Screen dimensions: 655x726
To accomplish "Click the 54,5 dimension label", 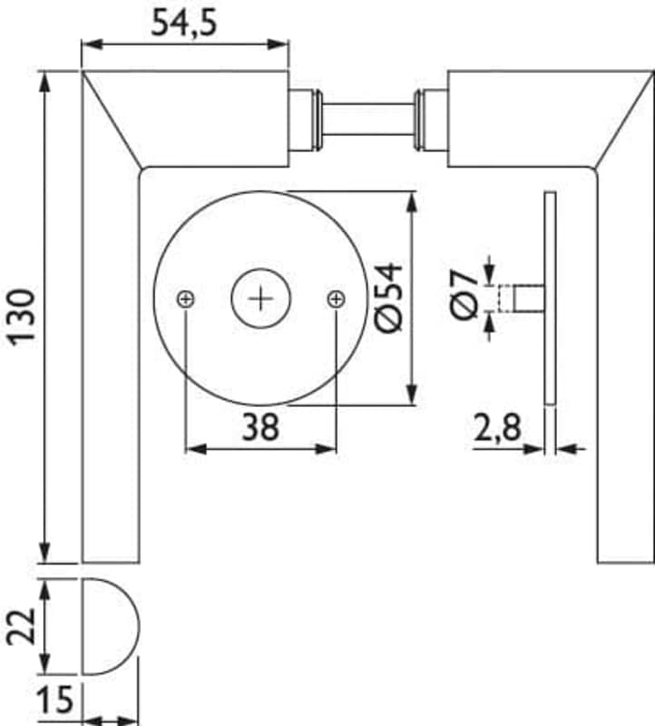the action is (x=184, y=24).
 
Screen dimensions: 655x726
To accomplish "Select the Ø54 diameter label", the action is (x=388, y=298).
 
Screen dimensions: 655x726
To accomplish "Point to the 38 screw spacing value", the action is (x=260, y=427).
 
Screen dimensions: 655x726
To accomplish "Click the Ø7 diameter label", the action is (x=464, y=296).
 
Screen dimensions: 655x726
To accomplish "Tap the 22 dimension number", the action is (x=22, y=626).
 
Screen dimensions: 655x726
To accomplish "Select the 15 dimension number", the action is (x=55, y=699).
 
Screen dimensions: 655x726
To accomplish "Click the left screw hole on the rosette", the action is (x=186, y=299).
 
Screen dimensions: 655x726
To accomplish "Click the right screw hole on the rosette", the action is (x=336, y=299).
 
